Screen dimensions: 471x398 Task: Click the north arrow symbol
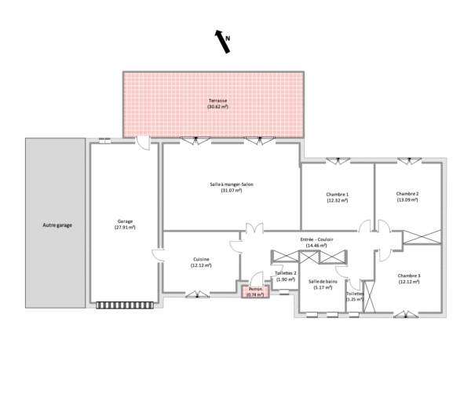[223, 42]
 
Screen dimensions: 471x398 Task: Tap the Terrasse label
[217, 100]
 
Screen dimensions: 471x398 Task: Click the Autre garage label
[57, 225]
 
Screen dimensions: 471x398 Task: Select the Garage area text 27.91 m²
[125, 228]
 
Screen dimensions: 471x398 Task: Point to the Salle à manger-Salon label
[232, 184]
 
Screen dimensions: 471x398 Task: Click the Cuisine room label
[201, 259]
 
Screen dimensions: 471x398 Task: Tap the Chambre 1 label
[338, 195]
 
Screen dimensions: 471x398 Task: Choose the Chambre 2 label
[407, 194]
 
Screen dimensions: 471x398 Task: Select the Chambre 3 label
[409, 276]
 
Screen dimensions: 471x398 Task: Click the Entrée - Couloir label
[316, 239]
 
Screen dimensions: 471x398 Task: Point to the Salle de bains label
[323, 282]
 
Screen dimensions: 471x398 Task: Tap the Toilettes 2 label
[286, 273]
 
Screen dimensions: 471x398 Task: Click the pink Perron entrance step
[255, 292]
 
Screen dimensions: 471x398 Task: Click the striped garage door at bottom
[125, 305]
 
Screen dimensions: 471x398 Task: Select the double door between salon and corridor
[254, 228]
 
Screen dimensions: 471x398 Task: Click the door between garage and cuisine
[158, 255]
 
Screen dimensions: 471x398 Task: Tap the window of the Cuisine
[197, 294]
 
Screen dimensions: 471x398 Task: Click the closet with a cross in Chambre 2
[422, 237]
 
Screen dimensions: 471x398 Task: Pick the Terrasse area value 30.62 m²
[217, 107]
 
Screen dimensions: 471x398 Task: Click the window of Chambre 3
[406, 314]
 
